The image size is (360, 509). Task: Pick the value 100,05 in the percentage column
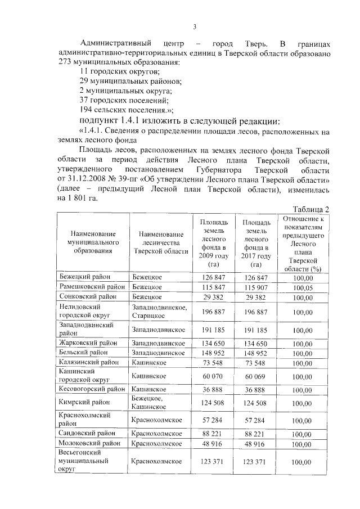coord(303,287)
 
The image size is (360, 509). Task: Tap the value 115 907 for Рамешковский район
coord(255,287)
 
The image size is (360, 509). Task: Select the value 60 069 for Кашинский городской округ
coord(255,376)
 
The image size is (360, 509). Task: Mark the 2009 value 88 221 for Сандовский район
coord(213,434)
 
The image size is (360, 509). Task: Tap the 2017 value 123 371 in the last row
coord(255,462)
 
